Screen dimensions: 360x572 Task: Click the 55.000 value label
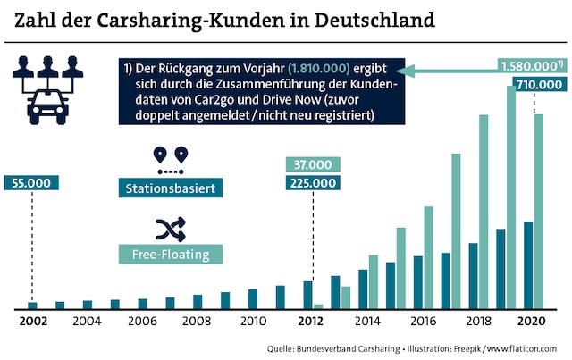(x=32, y=183)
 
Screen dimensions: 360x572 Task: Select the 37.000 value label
(x=312, y=164)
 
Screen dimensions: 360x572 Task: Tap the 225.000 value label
(x=312, y=183)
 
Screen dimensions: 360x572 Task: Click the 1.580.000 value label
(x=532, y=65)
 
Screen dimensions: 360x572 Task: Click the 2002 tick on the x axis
(x=31, y=321)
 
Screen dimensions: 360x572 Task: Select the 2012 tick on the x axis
(x=310, y=321)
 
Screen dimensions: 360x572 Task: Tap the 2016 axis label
(x=420, y=321)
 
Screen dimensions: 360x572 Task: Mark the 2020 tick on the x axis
(x=531, y=321)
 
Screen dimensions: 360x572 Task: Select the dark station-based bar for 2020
(x=528, y=264)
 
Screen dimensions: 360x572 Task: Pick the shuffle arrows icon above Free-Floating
(x=168, y=230)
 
